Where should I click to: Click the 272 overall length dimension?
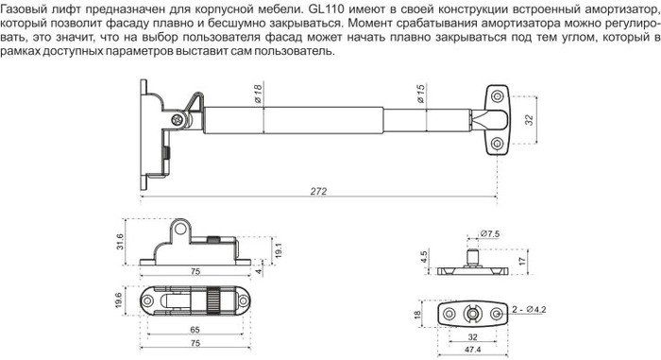click(x=319, y=192)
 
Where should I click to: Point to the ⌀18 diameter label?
click(x=258, y=94)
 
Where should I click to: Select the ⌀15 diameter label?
click(x=421, y=94)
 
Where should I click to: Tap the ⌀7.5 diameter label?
click(x=490, y=233)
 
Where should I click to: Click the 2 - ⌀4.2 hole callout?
click(x=529, y=310)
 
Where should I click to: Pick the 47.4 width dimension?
click(x=473, y=350)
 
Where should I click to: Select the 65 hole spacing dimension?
click(x=195, y=330)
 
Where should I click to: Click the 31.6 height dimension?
click(x=120, y=241)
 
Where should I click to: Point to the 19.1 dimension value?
click(x=279, y=249)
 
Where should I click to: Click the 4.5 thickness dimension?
click(x=424, y=257)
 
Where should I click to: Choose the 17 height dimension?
click(x=523, y=261)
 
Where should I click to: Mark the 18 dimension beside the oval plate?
click(x=417, y=314)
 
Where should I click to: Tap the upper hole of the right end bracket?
click(x=497, y=94)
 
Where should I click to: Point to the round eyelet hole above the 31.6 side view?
click(x=180, y=229)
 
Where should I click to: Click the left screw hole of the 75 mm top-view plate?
click(x=147, y=300)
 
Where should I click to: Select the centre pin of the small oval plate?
click(x=471, y=314)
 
